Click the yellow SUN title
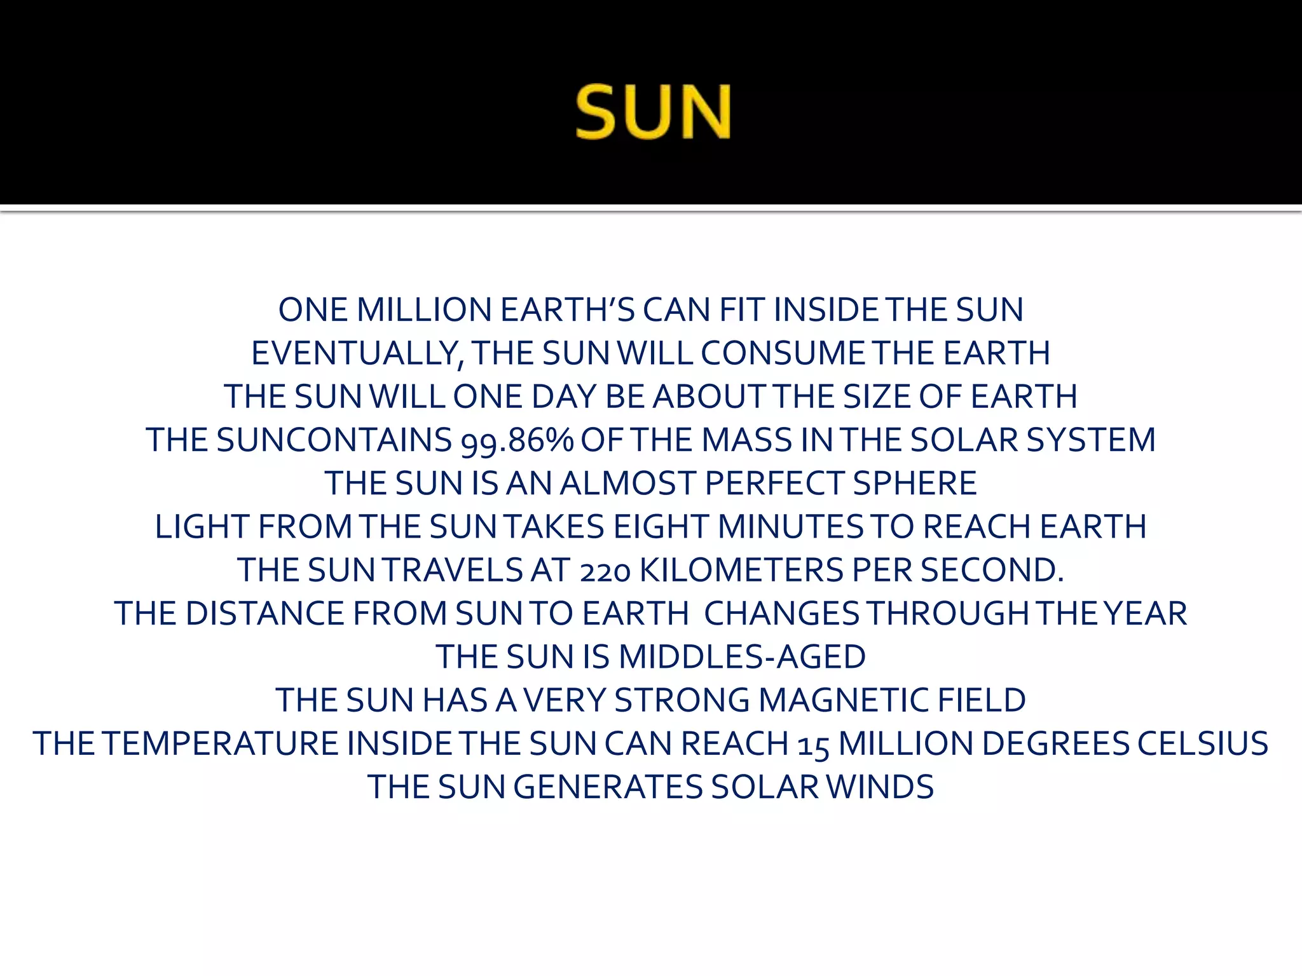pos(653,112)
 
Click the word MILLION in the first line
pos(424,310)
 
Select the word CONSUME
pos(783,353)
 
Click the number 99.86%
pos(517,440)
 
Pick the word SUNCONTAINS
pos(334,440)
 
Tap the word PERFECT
pos(774,484)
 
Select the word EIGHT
pos(661,527)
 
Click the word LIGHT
pos(202,527)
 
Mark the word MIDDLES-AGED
pos(742,657)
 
